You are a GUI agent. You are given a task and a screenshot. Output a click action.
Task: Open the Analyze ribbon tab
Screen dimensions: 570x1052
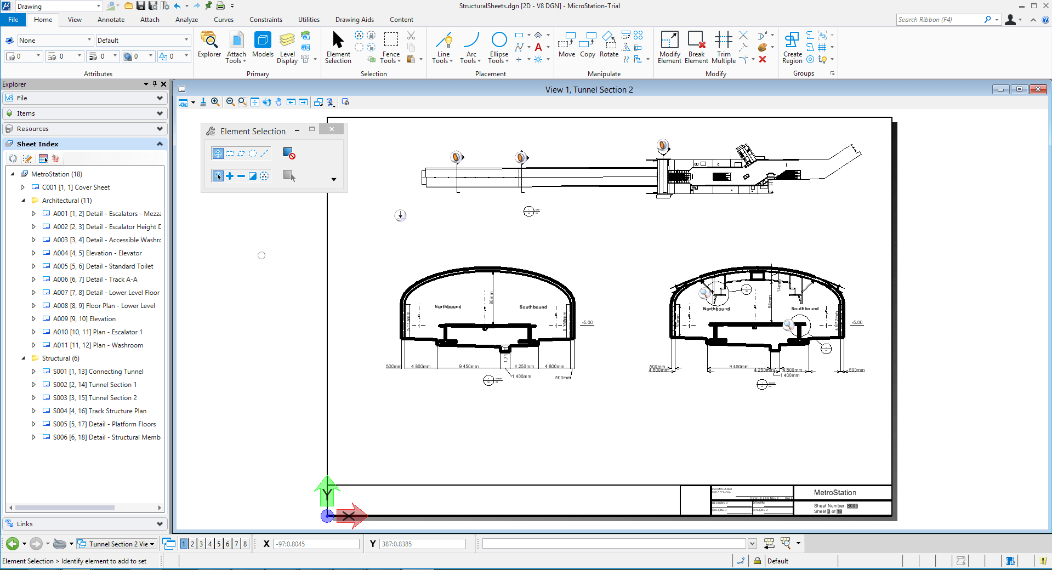click(186, 20)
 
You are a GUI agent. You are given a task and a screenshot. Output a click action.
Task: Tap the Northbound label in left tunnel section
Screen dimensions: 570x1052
click(448, 307)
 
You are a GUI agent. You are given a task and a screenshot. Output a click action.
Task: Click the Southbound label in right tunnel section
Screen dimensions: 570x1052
click(804, 309)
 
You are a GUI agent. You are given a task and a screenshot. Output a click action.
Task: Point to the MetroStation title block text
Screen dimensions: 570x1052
click(834, 493)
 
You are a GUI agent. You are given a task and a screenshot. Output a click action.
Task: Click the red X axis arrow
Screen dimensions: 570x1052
click(351, 516)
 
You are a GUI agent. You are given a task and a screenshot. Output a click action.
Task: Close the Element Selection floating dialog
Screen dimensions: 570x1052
click(331, 129)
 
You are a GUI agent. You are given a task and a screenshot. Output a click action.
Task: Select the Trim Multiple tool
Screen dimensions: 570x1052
click(723, 46)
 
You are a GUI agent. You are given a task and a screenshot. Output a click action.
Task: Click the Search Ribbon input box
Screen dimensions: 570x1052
click(939, 20)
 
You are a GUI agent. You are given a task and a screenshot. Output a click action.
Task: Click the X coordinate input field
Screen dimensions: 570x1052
click(316, 544)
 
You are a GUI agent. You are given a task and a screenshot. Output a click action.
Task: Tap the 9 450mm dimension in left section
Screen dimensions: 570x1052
click(469, 367)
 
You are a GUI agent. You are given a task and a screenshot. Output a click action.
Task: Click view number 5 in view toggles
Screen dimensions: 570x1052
click(219, 544)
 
